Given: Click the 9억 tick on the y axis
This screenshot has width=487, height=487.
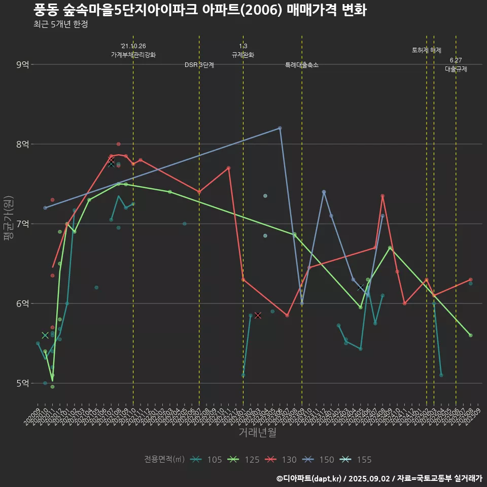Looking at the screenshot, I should tap(23, 64).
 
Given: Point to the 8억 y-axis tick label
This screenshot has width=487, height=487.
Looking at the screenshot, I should tap(23, 144).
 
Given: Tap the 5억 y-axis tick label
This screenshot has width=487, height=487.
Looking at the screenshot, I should tap(23, 383).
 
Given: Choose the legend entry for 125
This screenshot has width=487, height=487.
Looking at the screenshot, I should tap(243, 460).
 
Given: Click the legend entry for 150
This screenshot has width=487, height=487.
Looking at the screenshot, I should tap(319, 460).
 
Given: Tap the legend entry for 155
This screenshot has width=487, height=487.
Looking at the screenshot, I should tap(356, 460).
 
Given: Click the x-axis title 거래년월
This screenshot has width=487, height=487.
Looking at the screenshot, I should tap(257, 433).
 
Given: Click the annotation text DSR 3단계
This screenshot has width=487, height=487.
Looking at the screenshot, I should tap(199, 65).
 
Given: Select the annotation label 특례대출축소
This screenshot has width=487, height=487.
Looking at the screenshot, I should tap(302, 65).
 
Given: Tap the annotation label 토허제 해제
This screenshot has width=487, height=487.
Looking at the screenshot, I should tap(427, 50).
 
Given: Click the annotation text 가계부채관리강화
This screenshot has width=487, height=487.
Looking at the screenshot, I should tap(133, 55).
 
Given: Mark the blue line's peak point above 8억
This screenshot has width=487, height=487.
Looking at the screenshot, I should tap(280, 128).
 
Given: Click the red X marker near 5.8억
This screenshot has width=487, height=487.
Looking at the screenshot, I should tap(258, 316).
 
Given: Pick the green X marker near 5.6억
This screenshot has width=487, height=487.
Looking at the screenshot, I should tap(45, 335).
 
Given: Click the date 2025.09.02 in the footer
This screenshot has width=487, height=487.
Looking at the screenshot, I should tap(369, 478).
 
